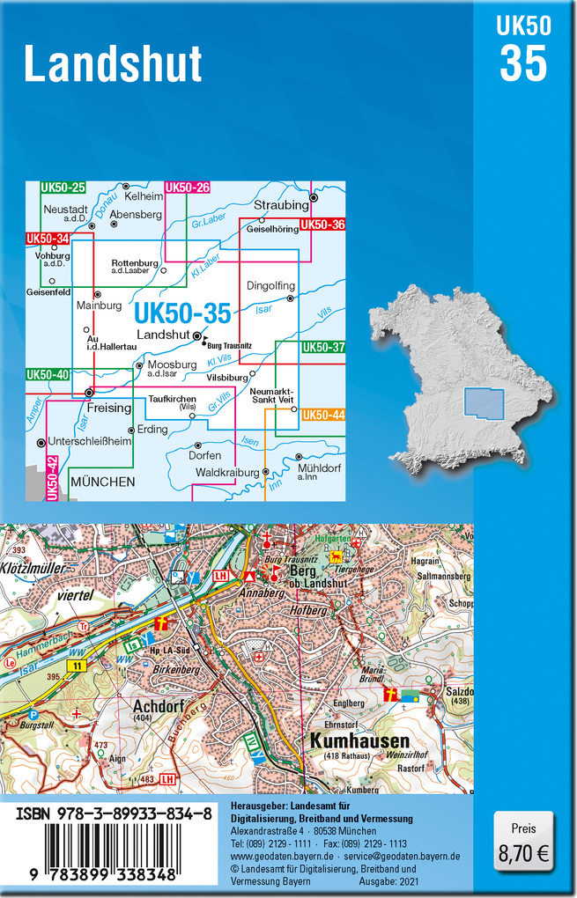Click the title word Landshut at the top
click(113, 64)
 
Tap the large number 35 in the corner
click(523, 63)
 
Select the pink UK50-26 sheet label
click(188, 188)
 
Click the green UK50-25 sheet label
click(63, 188)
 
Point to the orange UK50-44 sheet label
click(322, 415)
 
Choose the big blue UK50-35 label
click(182, 313)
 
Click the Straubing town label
click(281, 205)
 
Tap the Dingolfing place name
click(270, 286)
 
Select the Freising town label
click(109, 408)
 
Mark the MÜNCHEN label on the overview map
click(102, 482)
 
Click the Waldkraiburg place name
click(226, 473)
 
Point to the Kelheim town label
click(144, 196)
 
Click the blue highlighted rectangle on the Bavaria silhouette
click(484, 404)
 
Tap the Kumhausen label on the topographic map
click(346, 741)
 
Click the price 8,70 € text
click(523, 852)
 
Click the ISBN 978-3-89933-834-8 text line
click(113, 815)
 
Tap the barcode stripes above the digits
click(113, 847)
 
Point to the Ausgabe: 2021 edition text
click(389, 880)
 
